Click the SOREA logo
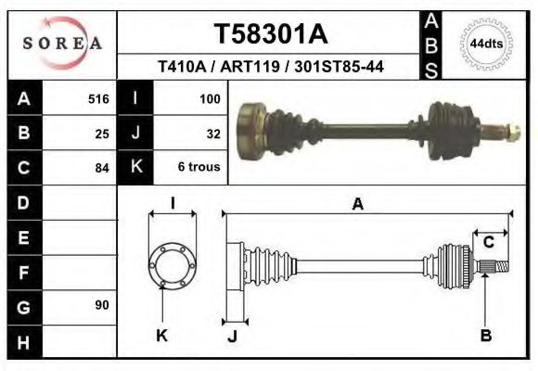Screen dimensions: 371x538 [62, 44]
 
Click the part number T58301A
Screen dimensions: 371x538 [271, 34]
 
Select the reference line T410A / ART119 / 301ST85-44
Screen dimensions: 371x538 [271, 67]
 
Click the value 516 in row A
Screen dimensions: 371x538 [98, 98]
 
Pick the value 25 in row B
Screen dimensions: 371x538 [102, 133]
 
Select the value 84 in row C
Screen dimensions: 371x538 [102, 168]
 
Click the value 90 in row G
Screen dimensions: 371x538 [102, 305]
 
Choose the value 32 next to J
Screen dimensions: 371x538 [212, 133]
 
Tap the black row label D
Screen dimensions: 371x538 [23, 201]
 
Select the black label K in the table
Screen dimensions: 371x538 [135, 167]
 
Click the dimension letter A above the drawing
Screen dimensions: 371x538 [357, 205]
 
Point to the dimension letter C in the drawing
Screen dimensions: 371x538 [488, 243]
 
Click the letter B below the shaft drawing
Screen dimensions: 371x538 [485, 336]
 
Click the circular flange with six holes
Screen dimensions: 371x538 [173, 266]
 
